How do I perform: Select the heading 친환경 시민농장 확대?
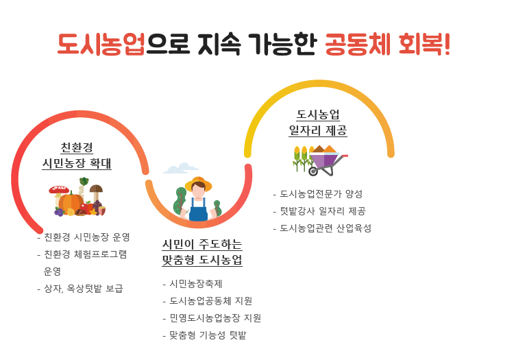coord(77,156)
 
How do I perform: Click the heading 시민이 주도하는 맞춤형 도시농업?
coord(202,252)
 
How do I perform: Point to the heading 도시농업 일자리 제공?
coord(318,122)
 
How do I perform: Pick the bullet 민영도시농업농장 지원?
coord(215,318)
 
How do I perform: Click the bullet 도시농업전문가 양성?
coord(321,194)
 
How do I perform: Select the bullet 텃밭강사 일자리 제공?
coord(322,211)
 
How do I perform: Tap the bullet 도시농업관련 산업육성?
coord(325,228)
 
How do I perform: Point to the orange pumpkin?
coord(71,202)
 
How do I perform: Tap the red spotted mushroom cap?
coord(59,189)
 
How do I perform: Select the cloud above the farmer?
coord(180,169)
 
